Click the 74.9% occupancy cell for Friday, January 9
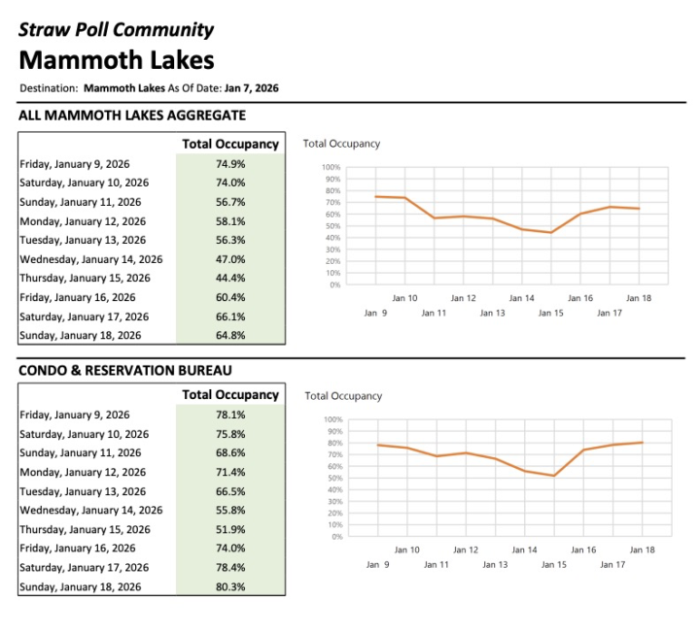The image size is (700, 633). click(230, 164)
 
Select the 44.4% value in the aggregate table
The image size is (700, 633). click(230, 279)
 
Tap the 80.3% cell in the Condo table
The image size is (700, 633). click(230, 586)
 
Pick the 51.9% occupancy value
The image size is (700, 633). click(230, 529)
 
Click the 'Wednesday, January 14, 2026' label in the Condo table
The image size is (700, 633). click(91, 510)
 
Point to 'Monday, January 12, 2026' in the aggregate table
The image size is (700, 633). click(80, 221)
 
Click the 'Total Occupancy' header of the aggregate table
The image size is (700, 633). click(230, 145)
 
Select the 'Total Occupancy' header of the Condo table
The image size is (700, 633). click(230, 395)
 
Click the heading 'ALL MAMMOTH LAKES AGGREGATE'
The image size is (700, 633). click(132, 117)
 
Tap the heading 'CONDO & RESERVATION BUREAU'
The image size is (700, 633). click(125, 370)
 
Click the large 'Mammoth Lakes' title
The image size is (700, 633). click(117, 60)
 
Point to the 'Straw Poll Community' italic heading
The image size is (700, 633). click(117, 29)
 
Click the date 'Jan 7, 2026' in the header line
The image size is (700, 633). click(252, 88)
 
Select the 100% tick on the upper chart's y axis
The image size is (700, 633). click(332, 168)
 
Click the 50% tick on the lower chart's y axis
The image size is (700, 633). click(333, 478)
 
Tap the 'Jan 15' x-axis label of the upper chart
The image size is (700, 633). click(551, 313)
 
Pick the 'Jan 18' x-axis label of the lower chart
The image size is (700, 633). click(642, 550)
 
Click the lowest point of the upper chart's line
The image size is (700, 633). click(551, 233)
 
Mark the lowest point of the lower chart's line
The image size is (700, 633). click(554, 476)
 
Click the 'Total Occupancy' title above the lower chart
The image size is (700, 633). click(343, 396)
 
